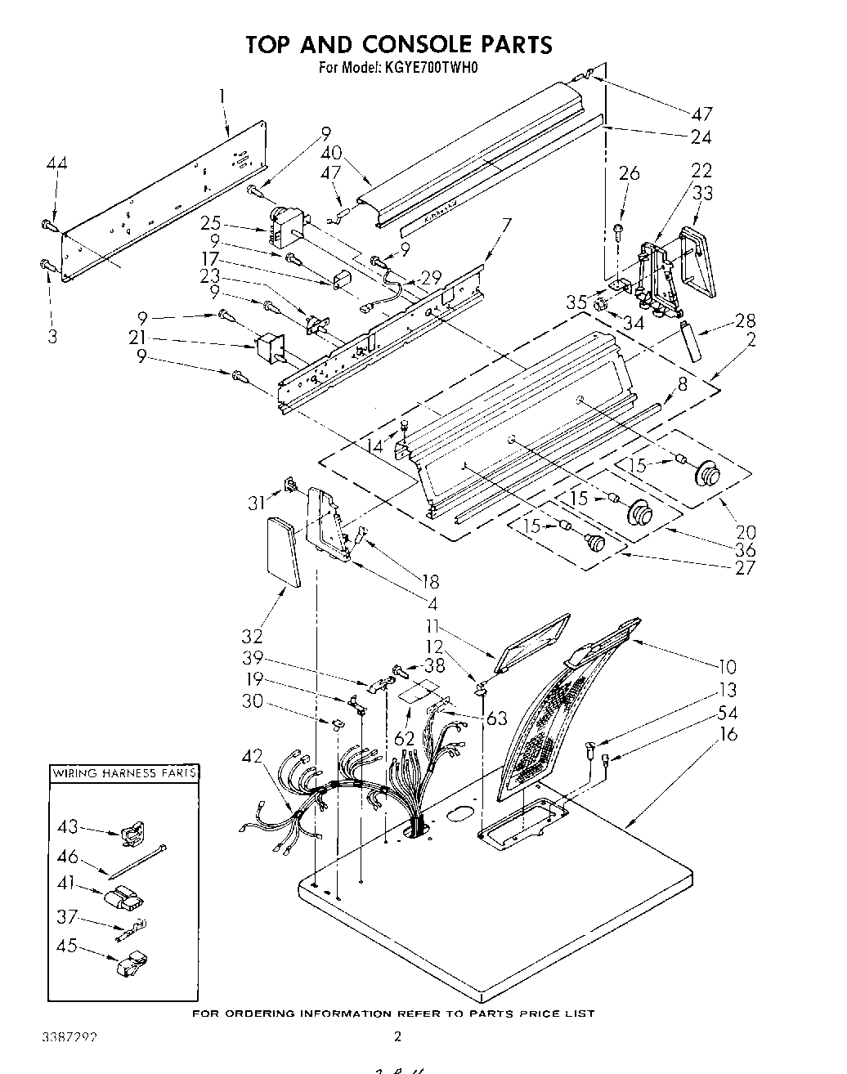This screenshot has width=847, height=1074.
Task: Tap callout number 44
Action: pos(56,163)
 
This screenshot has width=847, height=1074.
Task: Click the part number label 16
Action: pos(728,734)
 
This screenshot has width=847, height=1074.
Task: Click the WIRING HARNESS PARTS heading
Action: pos(124,772)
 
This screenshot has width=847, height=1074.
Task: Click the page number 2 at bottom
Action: pos(398,1036)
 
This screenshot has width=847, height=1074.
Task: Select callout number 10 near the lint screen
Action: pos(726,666)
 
